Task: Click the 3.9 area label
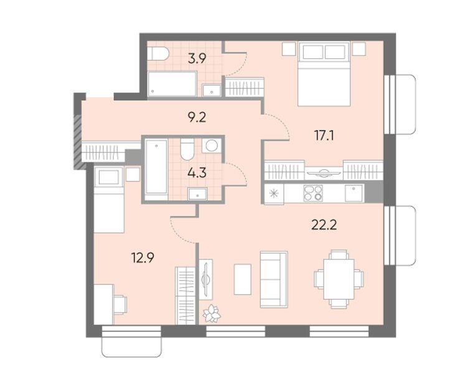(197, 59)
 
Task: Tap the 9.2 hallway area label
(197, 117)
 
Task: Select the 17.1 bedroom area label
(324, 136)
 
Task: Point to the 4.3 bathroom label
(197, 173)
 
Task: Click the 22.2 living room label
(324, 225)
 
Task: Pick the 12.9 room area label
(143, 258)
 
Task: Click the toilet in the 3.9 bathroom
(159, 54)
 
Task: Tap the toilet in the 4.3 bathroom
(187, 149)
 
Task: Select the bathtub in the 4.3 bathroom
(156, 170)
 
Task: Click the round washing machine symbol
(212, 145)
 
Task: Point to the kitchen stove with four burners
(313, 193)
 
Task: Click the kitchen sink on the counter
(355, 193)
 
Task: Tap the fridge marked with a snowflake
(274, 193)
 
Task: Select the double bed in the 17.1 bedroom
(324, 74)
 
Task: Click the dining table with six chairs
(339, 279)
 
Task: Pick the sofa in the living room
(274, 280)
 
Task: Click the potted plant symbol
(212, 314)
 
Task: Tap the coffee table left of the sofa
(243, 279)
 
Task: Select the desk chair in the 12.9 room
(120, 305)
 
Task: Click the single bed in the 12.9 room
(109, 200)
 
